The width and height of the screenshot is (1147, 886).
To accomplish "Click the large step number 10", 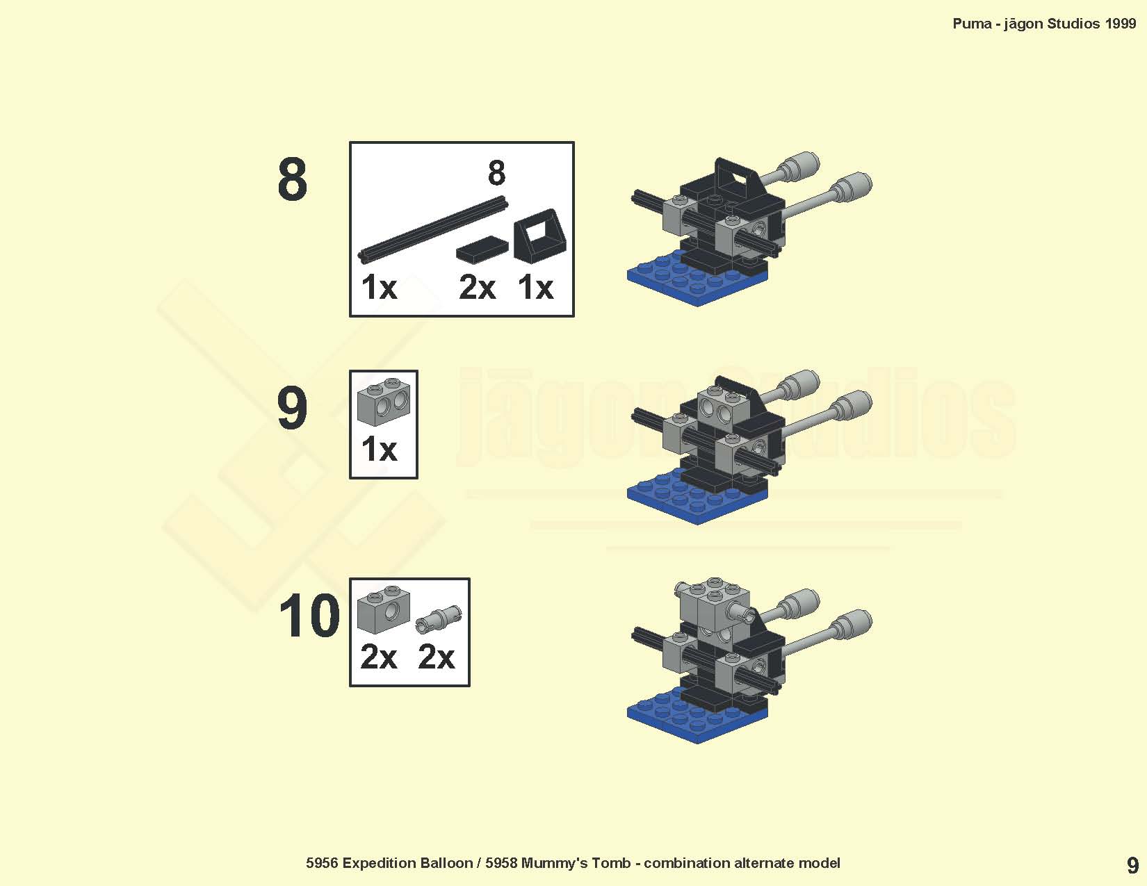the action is click(x=309, y=615).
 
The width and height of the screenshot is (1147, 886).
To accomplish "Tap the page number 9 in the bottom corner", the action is click(x=1132, y=866).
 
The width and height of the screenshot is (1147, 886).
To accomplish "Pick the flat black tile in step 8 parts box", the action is click(x=482, y=249).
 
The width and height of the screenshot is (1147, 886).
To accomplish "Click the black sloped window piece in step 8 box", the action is click(x=539, y=236).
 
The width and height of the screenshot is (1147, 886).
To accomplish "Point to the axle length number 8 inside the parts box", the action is click(x=496, y=172).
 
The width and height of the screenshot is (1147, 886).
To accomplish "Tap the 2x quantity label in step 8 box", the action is click(x=477, y=288).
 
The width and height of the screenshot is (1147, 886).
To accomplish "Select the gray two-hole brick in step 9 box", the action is click(x=383, y=402).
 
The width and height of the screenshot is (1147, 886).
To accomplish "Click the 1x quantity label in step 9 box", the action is click(x=379, y=450).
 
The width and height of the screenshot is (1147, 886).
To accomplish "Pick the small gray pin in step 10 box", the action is click(x=438, y=618).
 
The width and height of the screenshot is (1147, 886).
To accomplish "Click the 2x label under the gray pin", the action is click(x=436, y=657).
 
